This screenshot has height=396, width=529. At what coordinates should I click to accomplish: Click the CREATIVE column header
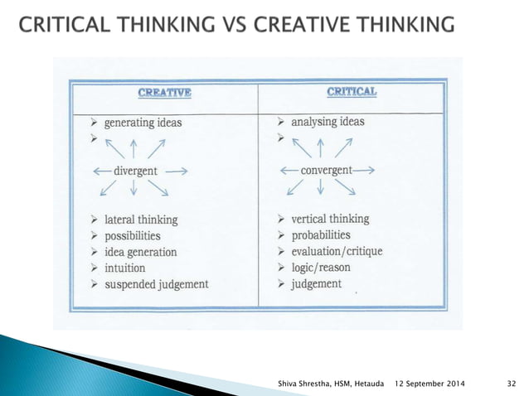166,92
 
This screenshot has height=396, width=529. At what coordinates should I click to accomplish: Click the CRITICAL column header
352,91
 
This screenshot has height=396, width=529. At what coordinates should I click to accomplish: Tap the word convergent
326,170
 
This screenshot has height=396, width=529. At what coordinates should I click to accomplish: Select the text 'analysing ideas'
328,122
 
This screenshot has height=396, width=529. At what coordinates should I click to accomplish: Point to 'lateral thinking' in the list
141,220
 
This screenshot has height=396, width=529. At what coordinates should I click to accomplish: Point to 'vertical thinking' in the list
330,220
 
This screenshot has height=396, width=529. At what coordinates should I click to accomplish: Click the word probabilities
326,235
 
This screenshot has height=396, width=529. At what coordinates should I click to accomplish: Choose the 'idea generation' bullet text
140,252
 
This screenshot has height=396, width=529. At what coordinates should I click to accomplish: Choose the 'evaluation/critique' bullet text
337,251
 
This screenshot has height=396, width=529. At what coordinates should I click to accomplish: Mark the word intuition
125,268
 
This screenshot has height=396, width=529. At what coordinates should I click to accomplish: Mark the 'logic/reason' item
321,267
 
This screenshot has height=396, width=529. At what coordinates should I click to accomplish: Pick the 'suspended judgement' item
156,284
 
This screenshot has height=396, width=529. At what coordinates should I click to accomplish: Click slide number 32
512,383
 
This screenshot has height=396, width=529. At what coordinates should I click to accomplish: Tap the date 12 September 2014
430,383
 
